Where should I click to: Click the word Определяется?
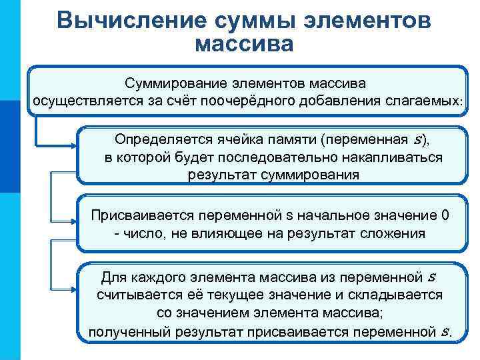(x=155, y=139)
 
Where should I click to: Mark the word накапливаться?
(x=374, y=157)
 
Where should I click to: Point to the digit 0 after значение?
(x=445, y=215)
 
